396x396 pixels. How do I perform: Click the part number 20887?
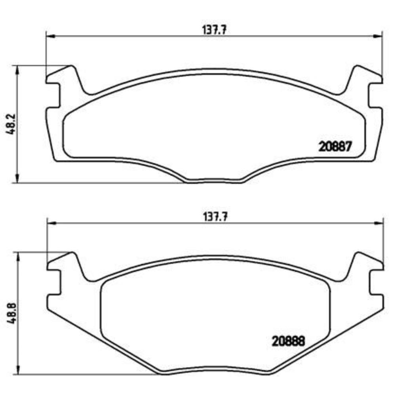point(335,147)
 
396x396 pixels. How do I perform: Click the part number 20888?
point(288,341)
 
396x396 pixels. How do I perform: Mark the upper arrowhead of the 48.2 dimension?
point(17,69)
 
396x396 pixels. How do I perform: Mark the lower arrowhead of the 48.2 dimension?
point(17,179)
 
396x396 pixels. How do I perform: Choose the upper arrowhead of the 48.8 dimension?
point(18,257)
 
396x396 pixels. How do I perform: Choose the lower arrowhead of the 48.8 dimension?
point(18,370)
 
